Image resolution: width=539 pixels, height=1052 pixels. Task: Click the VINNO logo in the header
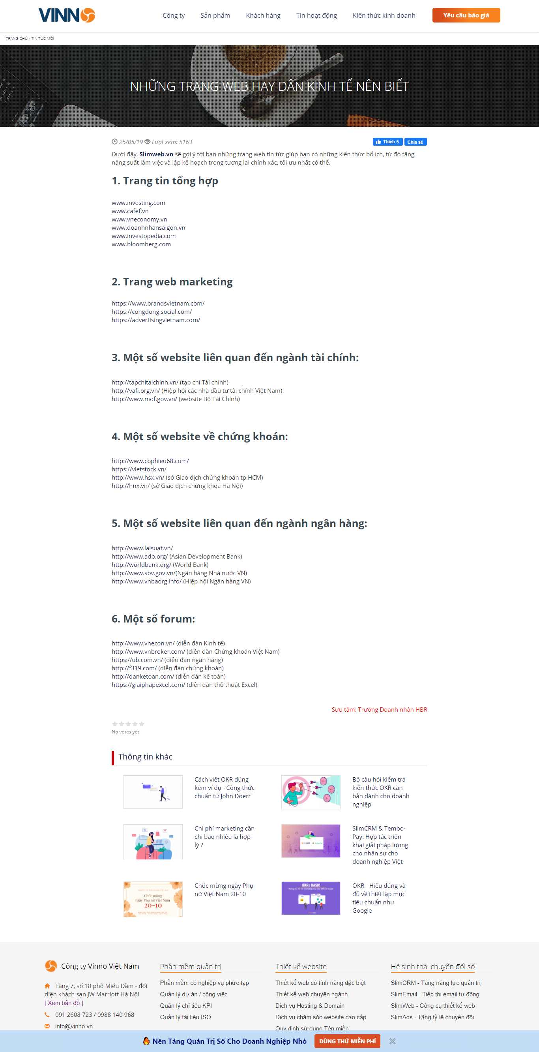pos(67,15)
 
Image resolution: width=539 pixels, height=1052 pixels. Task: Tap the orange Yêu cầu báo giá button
pos(466,15)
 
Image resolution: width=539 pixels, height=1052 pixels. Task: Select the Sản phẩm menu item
pos(215,15)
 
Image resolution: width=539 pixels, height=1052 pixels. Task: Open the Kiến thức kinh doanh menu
pos(384,15)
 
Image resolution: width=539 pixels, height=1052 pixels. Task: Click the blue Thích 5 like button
pos(387,142)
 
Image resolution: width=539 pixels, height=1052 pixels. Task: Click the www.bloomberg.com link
pos(141,244)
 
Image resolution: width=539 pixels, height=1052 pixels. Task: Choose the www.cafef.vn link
pos(130,211)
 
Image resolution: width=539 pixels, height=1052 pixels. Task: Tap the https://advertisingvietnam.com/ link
pos(156,320)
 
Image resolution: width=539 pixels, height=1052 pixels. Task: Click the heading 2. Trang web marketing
pos(172,282)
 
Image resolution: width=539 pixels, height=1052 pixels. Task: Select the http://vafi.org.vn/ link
pos(136,391)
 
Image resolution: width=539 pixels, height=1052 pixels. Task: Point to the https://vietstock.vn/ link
pos(139,469)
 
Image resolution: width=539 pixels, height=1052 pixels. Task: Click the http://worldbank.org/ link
pos(141,565)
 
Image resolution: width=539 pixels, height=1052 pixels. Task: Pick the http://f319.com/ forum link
pos(134,668)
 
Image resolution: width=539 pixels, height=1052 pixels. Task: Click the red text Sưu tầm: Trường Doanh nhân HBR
pos(379,709)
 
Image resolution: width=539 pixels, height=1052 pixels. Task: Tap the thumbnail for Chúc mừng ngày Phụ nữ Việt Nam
pos(153,899)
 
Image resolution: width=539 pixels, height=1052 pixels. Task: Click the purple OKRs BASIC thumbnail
pos(311,898)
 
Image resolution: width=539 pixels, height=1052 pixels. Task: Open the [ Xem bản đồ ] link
pos(64,1003)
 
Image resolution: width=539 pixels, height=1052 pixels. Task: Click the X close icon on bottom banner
pos(392,1041)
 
